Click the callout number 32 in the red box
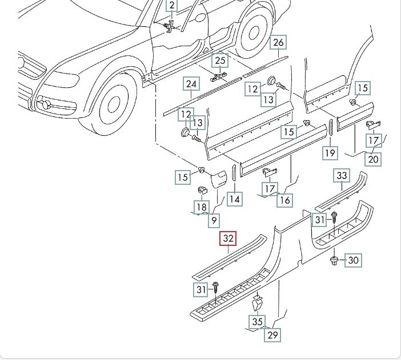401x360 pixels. [x=228, y=239]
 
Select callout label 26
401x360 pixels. [x=278, y=43]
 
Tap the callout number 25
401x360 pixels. [x=220, y=60]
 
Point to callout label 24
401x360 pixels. [x=191, y=84]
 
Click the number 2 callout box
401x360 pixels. [x=171, y=7]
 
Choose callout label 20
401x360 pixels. [x=373, y=159]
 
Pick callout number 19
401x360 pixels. [x=330, y=152]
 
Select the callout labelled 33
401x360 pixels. [x=342, y=175]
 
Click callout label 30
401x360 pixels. [x=353, y=260]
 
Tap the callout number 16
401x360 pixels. [x=285, y=200]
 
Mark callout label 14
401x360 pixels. [x=234, y=199]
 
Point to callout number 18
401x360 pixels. [x=201, y=208]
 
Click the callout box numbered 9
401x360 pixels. [x=213, y=220]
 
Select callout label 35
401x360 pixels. [x=258, y=322]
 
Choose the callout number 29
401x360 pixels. [x=273, y=335]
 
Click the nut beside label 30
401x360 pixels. [x=335, y=261]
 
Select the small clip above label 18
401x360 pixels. [x=201, y=190]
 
